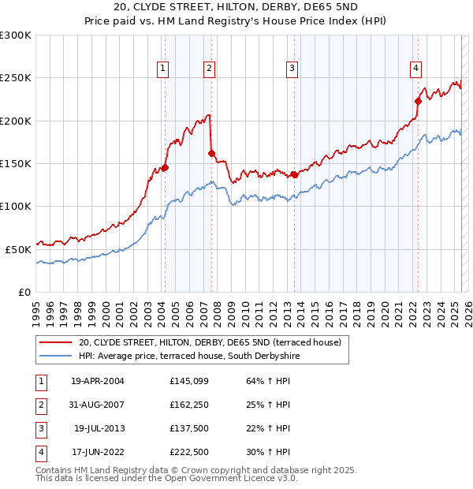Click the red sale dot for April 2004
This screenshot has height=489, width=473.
(165, 167)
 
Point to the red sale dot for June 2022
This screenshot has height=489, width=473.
(418, 101)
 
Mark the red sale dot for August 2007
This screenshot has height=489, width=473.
(211, 153)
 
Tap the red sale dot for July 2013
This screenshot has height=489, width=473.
(294, 174)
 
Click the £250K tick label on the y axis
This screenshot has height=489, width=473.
(15, 78)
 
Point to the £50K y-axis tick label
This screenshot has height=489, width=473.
(18, 249)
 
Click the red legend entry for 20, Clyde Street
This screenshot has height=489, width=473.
(209, 342)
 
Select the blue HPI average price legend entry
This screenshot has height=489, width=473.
(189, 356)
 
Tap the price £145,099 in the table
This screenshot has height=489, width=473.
(188, 381)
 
